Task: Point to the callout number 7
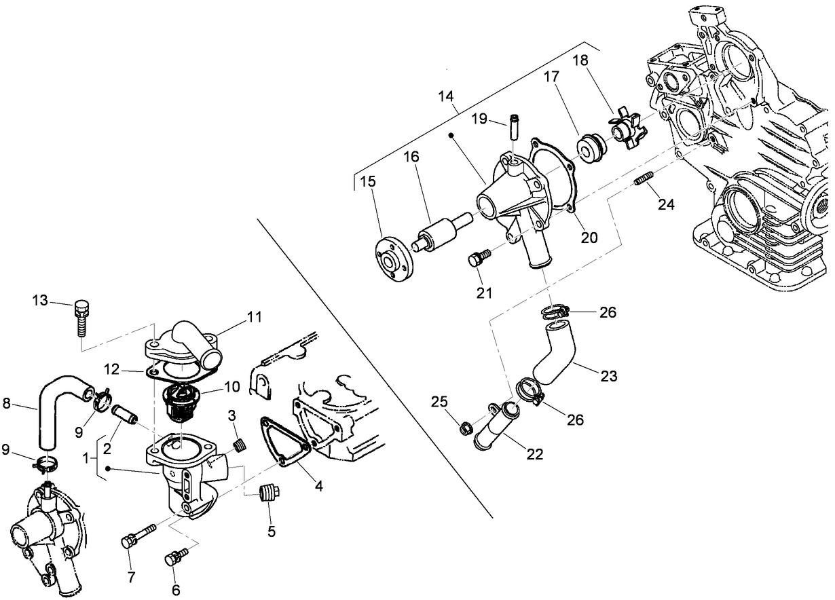(132, 578)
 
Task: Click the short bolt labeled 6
(175, 558)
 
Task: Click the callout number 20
(589, 237)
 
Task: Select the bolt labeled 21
(479, 259)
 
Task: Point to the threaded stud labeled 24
(644, 180)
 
